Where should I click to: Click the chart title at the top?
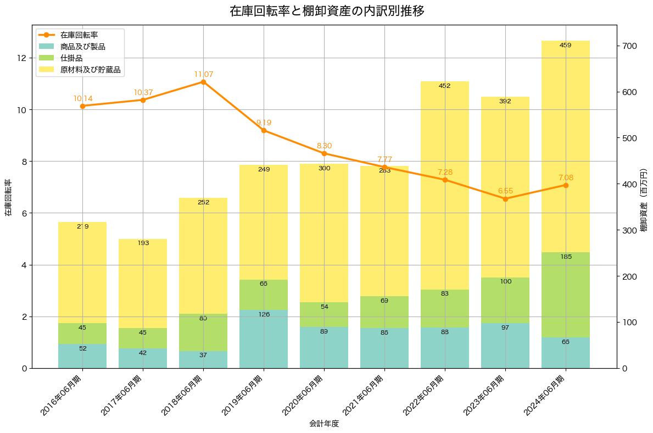pos(327,11)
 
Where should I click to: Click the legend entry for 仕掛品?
pos(71,58)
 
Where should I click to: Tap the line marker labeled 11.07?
pos(203,82)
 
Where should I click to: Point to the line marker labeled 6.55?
pos(505,199)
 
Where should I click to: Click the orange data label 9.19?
pos(264,123)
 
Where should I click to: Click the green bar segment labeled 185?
pos(566,295)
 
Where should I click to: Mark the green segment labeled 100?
pos(505,300)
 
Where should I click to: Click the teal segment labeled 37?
pos(203,359)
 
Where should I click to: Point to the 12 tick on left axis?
pos(22,58)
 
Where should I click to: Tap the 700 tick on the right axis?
pos(630,46)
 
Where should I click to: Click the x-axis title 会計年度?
pos(324,424)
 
